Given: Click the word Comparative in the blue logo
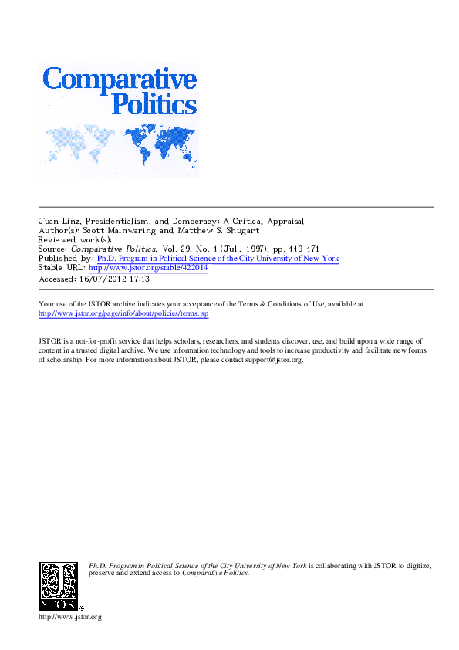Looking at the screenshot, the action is click(120, 80).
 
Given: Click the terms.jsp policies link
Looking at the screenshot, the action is click(123, 314).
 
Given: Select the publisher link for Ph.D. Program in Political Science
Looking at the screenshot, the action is click(217, 259).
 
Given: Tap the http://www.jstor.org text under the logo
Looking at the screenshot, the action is click(69, 617).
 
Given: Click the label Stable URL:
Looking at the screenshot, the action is click(62, 268).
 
